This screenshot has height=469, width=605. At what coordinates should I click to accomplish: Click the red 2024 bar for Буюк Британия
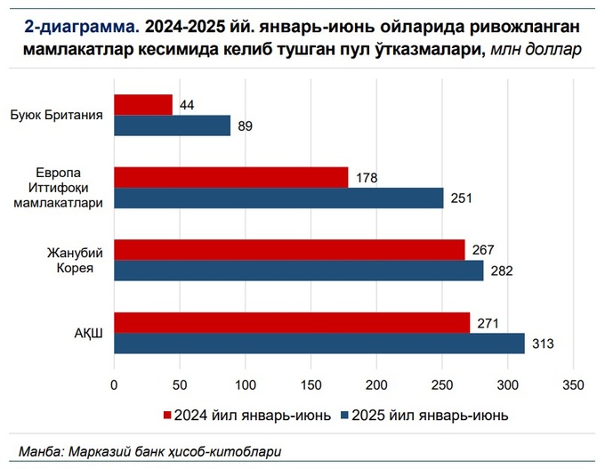coord(143,105)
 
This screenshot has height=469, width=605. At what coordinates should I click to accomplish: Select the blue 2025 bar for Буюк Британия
coord(172,125)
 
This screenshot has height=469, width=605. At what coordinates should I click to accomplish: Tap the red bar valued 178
coord(230,178)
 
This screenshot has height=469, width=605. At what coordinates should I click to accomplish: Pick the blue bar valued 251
coord(278,198)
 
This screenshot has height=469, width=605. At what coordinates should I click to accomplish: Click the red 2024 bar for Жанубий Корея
coord(289,250)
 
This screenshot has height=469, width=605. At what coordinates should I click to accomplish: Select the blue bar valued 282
coord(299,271)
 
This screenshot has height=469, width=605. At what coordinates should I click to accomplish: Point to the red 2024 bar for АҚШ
coord(292,323)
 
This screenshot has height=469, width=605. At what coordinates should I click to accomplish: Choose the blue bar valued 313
coord(319,344)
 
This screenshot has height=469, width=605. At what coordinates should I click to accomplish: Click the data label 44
coord(187,105)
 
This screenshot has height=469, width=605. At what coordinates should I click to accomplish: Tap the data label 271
coord(487,323)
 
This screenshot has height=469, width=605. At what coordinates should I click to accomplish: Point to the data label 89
coord(246,126)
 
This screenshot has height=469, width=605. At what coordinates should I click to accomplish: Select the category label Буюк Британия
coord(57,116)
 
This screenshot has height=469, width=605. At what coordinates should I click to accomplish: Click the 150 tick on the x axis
coord(311,384)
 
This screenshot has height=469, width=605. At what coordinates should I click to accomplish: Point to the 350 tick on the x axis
coord(573,384)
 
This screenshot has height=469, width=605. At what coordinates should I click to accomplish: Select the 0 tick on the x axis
coord(114,384)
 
